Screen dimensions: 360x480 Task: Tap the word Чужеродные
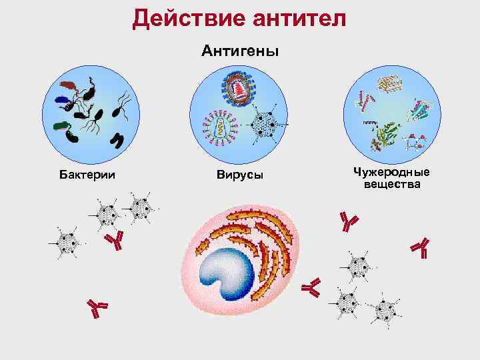pos(392,172)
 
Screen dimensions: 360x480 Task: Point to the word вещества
pos(392,184)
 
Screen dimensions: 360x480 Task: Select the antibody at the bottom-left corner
pos(98,308)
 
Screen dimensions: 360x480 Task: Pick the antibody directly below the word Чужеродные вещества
pos(348,221)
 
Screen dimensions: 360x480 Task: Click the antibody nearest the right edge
pos(421,247)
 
